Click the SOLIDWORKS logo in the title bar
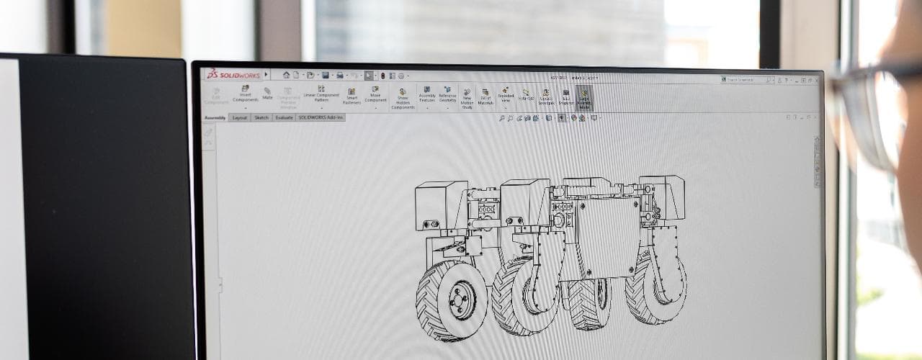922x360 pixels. pyautogui.click(x=233, y=74)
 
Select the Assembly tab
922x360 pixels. pyautogui.click(x=215, y=117)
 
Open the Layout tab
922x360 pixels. pyautogui.click(x=240, y=117)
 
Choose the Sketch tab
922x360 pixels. pyautogui.click(x=261, y=117)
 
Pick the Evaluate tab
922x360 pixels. pyautogui.click(x=284, y=117)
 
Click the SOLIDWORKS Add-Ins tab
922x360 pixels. pyautogui.click(x=321, y=117)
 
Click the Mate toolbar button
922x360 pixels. pyautogui.click(x=267, y=94)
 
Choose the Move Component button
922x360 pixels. pyautogui.click(x=375, y=94)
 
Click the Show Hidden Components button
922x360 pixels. pyautogui.click(x=403, y=99)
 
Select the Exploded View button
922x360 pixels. pyautogui.click(x=506, y=95)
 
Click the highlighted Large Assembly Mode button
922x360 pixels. pyautogui.click(x=584, y=97)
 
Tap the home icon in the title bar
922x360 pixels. pyautogui.click(x=286, y=75)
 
